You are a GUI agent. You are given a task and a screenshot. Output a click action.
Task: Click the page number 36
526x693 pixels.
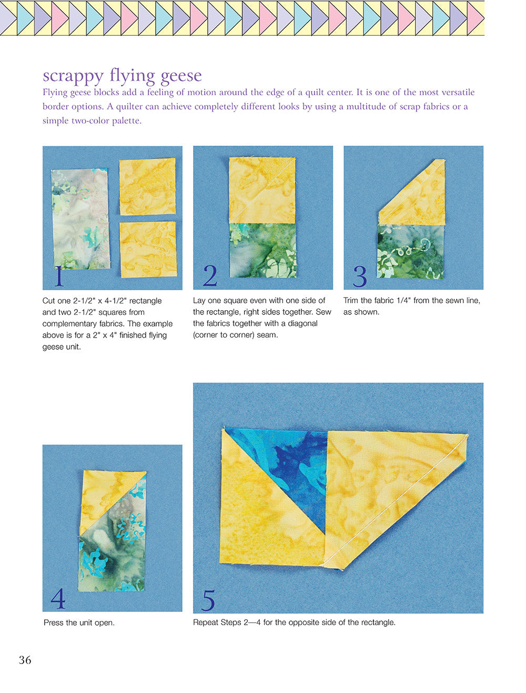pos(25,660)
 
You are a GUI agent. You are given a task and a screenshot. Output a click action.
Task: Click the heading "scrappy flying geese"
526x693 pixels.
pos(122,75)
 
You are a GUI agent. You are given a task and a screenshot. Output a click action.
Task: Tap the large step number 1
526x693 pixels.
pos(59,276)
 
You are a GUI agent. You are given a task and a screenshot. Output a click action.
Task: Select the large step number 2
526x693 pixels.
pos(210,276)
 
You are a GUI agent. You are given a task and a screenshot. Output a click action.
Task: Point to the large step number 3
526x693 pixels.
pos(360,276)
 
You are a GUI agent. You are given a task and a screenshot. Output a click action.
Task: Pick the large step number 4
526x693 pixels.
pos(58,598)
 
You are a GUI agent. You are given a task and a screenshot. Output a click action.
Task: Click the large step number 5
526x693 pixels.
pos(208,600)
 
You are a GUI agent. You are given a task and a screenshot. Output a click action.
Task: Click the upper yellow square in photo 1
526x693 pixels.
pos(147,186)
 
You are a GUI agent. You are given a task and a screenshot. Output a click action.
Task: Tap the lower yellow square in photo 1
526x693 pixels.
pos(148,249)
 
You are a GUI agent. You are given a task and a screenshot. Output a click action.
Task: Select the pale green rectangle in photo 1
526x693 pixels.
pos(80,219)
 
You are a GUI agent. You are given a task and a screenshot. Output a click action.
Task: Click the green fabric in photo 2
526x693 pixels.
pos(263,250)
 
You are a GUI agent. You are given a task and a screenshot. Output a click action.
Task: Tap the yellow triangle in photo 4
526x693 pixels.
pos(105,494)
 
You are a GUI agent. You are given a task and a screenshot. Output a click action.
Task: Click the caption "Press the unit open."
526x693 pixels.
pos(79,623)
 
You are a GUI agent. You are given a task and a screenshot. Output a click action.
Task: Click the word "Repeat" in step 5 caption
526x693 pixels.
pos(205,623)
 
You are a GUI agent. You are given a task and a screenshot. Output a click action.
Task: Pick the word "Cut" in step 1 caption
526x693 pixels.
pos(49,301)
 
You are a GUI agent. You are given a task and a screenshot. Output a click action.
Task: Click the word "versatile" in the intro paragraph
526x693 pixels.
pos(457,93)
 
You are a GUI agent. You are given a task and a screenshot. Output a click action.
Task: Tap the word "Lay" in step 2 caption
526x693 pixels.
pos(199,301)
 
